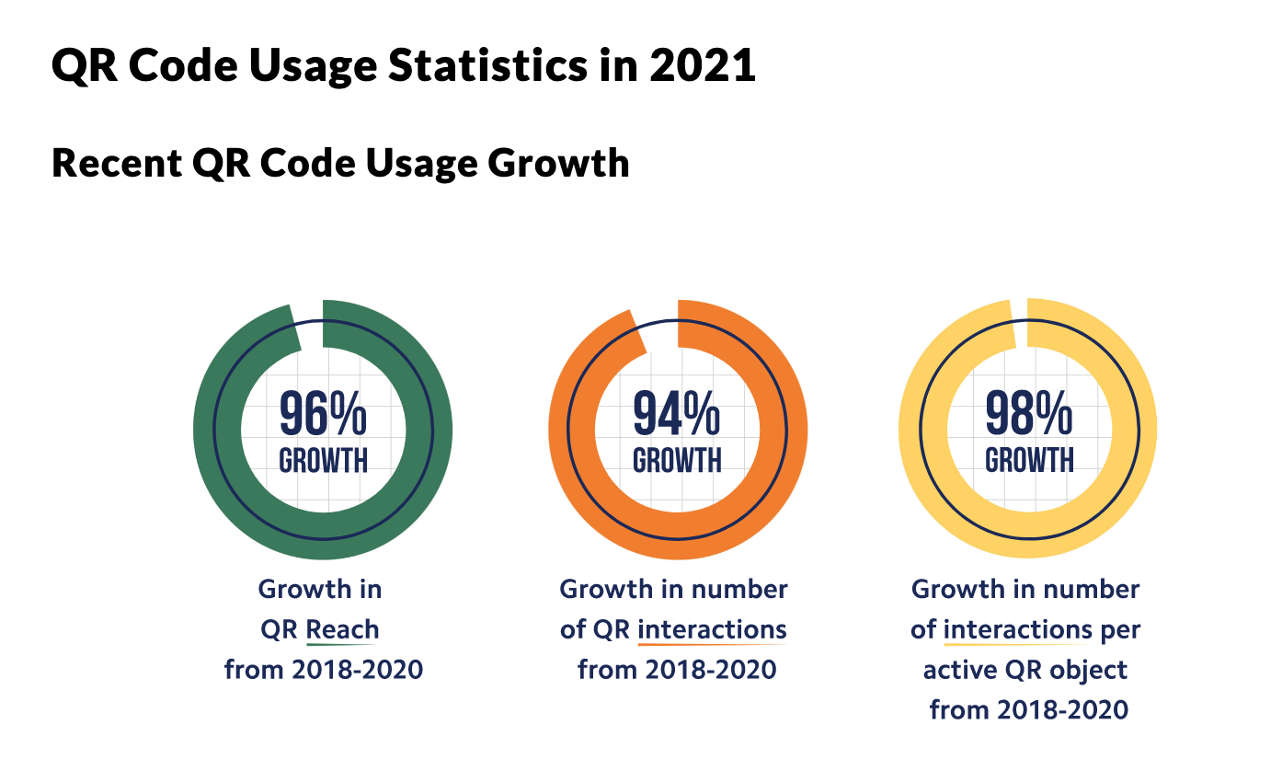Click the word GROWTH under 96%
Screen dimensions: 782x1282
click(x=323, y=459)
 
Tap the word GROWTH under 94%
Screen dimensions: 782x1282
click(x=677, y=459)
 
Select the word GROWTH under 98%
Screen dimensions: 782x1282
click(x=1029, y=459)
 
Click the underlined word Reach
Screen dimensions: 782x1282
click(x=342, y=630)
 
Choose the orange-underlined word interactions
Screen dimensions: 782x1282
click(x=712, y=630)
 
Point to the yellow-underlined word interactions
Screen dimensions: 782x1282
click(x=1017, y=630)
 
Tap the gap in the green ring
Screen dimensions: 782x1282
click(x=310, y=325)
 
